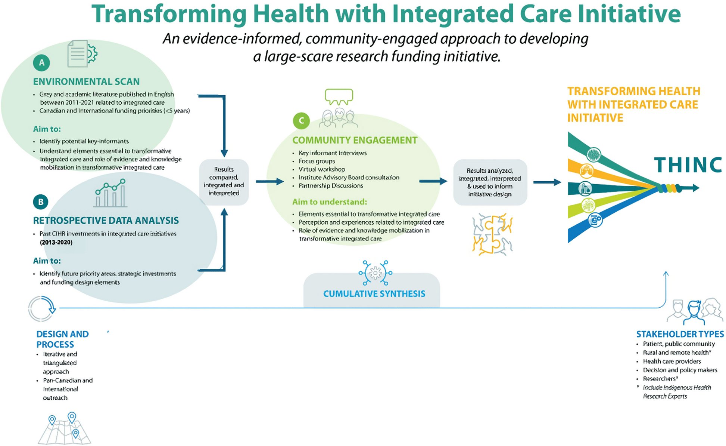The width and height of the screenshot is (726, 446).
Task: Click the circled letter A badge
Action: [41, 63]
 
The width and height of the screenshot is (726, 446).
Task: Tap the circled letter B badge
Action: [41, 202]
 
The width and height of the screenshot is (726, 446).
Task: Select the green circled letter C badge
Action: [301, 121]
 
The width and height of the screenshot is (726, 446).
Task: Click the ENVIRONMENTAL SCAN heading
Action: [86, 81]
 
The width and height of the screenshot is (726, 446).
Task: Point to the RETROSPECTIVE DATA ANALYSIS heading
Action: [106, 221]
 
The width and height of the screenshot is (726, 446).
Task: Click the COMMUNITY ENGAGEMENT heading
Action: [355, 140]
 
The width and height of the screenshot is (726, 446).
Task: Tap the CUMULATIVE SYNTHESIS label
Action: [374, 294]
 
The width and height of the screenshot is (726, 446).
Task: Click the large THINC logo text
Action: [688, 165]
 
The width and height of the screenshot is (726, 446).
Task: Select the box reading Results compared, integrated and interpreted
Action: [224, 182]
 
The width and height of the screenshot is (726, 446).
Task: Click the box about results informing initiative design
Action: [490, 182]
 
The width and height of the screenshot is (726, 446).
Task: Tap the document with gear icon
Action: [82, 54]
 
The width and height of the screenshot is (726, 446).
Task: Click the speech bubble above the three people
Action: [339, 96]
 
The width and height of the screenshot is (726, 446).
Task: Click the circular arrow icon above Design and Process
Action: [42, 309]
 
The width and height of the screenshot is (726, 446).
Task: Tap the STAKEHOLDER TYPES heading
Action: [680, 334]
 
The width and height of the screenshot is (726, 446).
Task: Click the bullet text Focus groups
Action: [317, 161]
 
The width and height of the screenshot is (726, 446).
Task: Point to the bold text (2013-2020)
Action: [56, 242]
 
